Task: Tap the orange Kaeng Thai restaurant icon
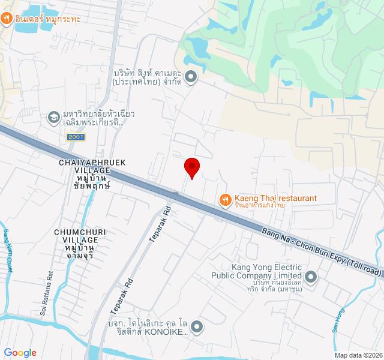(x=225, y=200)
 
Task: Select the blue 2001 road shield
(x=76, y=137)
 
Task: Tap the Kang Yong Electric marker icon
(x=311, y=277)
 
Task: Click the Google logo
(x=20, y=353)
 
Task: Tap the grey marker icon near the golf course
(x=191, y=76)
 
